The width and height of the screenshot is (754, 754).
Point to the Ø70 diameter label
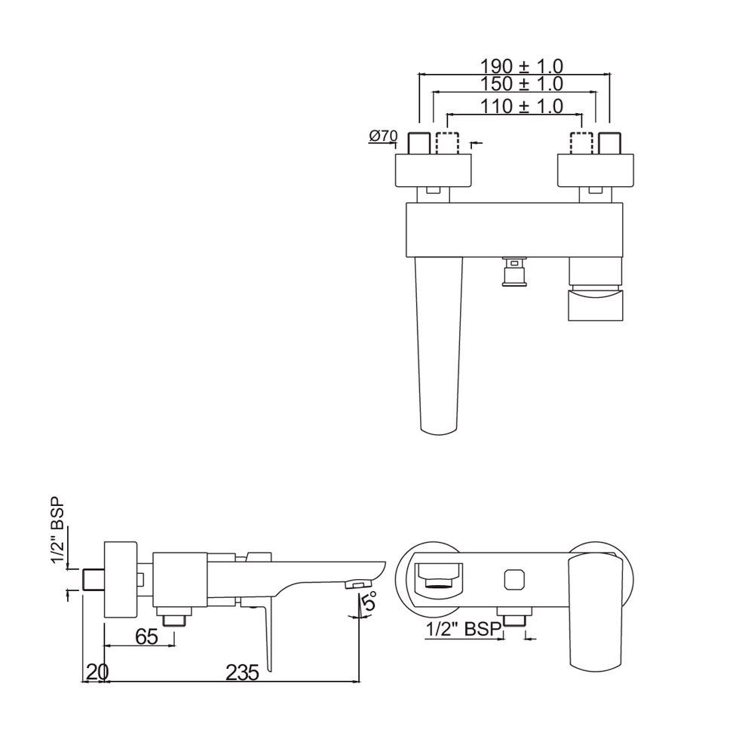(x=383, y=136)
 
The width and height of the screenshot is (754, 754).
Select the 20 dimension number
(x=96, y=671)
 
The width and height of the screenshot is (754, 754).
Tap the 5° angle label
(x=369, y=603)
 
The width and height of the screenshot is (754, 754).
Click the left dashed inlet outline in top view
(x=446, y=143)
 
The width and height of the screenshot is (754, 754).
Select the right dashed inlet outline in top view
(x=581, y=143)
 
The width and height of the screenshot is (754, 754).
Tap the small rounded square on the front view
(x=514, y=579)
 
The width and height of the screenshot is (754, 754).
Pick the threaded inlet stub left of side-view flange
(x=92, y=579)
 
